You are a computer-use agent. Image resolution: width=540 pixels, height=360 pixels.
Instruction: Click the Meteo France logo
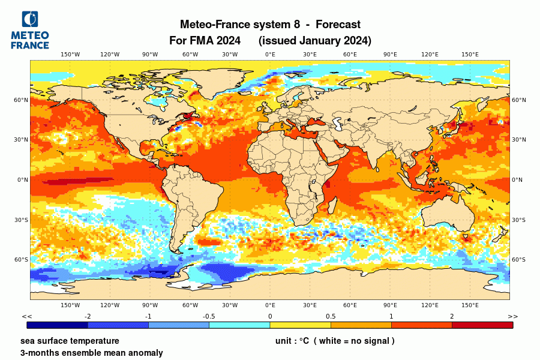30,30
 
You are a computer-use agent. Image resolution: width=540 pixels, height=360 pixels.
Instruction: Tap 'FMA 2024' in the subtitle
215,41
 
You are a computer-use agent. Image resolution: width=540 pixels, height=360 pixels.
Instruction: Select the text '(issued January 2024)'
315,41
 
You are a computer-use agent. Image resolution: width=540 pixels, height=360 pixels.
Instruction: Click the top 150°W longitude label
70,55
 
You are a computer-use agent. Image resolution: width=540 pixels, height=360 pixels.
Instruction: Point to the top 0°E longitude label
270,55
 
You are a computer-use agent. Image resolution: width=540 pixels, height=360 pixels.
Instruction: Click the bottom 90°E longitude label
390,305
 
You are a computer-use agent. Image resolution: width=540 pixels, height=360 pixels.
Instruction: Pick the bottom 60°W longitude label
190,305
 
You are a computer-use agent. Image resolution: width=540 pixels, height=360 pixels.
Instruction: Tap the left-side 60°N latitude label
22,100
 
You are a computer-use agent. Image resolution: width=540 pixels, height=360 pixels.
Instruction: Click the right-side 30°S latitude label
518,220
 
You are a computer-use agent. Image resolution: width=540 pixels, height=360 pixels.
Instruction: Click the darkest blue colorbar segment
58,325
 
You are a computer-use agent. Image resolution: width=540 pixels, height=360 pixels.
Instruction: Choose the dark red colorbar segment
482,325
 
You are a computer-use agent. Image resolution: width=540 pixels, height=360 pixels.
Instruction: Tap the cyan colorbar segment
239,325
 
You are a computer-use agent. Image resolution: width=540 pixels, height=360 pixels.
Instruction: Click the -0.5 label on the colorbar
209,316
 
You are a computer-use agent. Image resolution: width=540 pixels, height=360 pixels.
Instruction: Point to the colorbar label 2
452,316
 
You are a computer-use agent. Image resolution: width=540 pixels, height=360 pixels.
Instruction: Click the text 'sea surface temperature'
70,341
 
